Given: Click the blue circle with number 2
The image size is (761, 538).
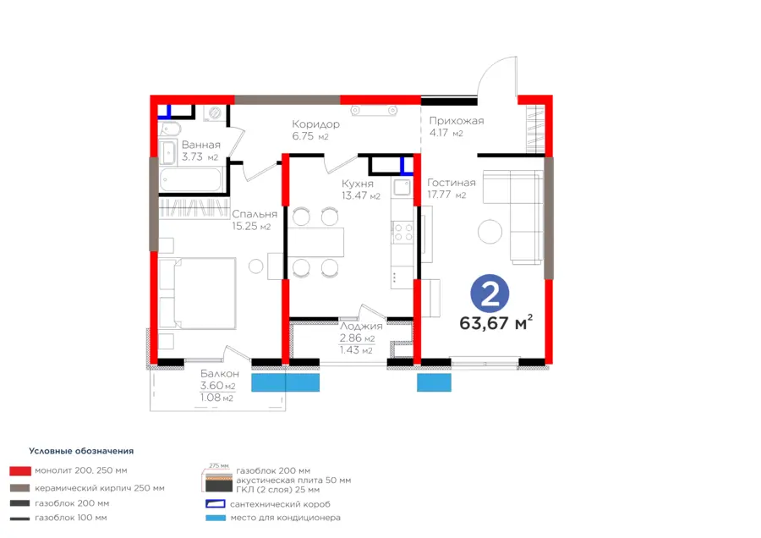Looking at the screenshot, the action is [490, 294].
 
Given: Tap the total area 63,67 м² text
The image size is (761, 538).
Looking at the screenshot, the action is [496, 322].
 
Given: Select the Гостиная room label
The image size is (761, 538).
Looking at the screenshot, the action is [452, 183].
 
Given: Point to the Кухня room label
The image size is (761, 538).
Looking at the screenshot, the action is [358, 184].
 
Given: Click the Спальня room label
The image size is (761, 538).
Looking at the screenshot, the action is [255, 214].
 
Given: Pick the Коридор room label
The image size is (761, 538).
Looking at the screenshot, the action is [315, 124].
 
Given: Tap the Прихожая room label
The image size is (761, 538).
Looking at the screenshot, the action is [457, 121].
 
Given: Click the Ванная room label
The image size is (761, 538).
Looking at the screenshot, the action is [201, 145].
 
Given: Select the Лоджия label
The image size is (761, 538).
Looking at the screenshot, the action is [361, 327].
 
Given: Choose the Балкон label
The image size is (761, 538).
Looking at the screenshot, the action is [219, 373].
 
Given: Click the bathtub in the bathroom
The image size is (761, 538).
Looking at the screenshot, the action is [191, 179].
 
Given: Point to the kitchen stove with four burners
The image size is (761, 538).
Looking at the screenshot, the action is [402, 232].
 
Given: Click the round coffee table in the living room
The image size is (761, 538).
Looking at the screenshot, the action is [490, 232].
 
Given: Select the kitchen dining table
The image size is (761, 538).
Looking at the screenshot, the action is [315, 242].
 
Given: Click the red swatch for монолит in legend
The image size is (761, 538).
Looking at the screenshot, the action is [20, 470].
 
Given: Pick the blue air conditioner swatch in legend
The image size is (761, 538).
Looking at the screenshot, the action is [216, 518].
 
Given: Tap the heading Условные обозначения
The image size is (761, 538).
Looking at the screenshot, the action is [81, 451].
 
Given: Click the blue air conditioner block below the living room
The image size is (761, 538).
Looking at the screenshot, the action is [434, 382].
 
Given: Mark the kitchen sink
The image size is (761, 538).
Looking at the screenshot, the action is [402, 187].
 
